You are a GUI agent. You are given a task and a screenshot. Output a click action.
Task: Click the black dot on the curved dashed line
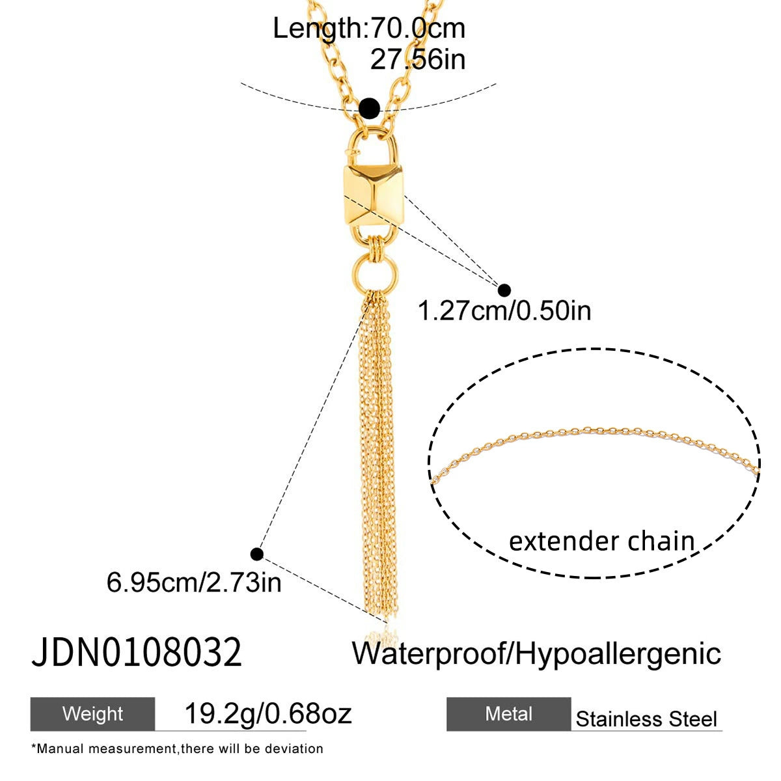coord(370,108)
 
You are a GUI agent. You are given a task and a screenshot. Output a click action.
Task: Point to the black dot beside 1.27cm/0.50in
coord(504,290)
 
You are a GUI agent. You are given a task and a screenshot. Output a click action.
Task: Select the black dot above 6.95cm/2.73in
coord(257,554)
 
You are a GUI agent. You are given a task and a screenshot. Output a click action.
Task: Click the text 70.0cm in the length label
coord(417,29)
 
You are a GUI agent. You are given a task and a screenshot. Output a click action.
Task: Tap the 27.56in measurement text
coord(418,60)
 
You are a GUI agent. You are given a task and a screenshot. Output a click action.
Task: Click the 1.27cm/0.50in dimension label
coord(504,311)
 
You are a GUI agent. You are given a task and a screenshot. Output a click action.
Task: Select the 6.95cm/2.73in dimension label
coord(194,582)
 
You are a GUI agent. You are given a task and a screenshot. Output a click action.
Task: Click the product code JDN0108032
coord(137,653)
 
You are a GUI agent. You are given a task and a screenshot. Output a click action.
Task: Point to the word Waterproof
coord(430,653)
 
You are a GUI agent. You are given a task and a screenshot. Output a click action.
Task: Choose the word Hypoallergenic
coord(618,653)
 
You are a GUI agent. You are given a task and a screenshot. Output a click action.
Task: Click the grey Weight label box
coord(92,714)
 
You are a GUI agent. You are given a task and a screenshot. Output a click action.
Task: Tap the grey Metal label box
coord(508,714)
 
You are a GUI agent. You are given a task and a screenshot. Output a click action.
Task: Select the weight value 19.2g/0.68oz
coord(268,714)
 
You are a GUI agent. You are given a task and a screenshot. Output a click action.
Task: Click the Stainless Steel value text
coord(646,719)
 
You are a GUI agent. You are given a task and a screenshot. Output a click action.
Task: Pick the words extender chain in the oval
coord(601,541)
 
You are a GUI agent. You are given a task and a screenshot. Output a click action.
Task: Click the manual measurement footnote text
coord(177,749)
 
